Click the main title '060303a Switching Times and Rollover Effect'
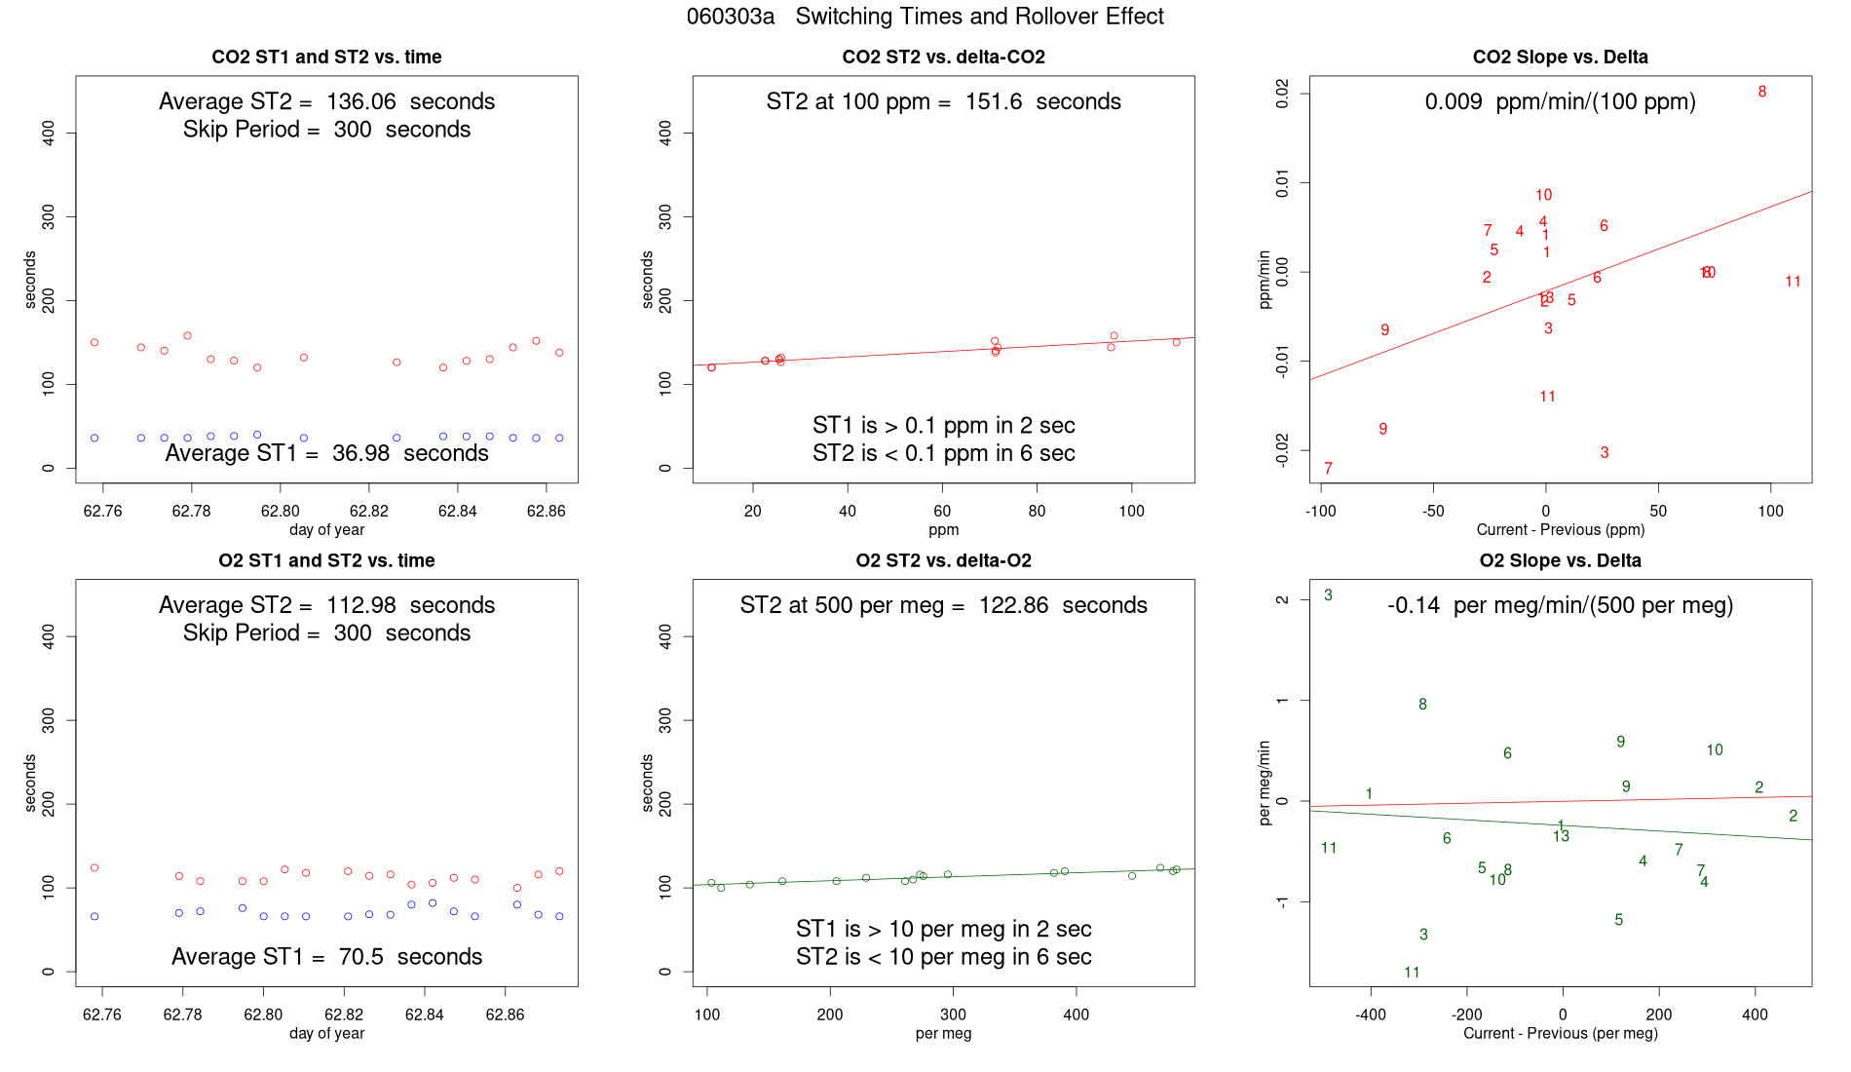925,17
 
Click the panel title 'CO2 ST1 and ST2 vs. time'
326,57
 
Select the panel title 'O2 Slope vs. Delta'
1560,560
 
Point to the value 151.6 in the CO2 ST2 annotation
994,101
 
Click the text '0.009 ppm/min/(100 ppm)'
1560,101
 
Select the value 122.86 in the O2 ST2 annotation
1013,605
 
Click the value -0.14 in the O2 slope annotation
1414,605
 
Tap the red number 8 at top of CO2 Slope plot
1762,92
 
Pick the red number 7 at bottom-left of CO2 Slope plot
1328,469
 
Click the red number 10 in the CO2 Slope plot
1543,195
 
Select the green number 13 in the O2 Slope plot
1562,836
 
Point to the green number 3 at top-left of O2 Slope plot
1328,595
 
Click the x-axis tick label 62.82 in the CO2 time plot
369,511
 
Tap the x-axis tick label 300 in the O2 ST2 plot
953,1015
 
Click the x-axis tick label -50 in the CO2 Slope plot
1432,511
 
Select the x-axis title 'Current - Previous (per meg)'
1560,1033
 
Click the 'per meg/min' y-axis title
1265,783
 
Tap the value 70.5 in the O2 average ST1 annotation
360,957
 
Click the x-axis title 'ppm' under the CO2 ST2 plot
943,529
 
